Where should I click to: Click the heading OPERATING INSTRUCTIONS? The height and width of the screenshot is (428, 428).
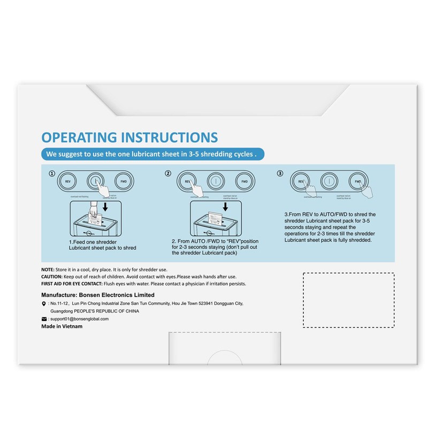pyautogui.click(x=129, y=137)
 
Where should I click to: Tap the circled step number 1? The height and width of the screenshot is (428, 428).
pyautogui.click(x=51, y=173)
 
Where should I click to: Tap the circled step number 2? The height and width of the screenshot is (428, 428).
pyautogui.click(x=168, y=173)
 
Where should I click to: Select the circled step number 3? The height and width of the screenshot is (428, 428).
pyautogui.click(x=280, y=173)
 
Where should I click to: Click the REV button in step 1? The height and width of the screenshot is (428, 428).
pyautogui.click(x=68, y=181)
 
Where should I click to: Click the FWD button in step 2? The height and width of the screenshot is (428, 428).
pyautogui.click(x=244, y=181)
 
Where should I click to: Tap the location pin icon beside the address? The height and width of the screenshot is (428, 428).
pyautogui.click(x=43, y=303)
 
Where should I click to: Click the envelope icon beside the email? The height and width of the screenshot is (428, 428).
pyautogui.click(x=44, y=319)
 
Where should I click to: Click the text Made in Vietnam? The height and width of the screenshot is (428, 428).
pyautogui.click(x=62, y=326)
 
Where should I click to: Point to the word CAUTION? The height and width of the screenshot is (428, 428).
pyautogui.click(x=52, y=276)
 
